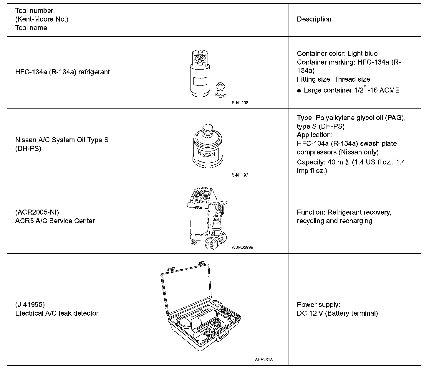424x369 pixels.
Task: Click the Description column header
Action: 314,19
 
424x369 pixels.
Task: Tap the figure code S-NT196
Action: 240,103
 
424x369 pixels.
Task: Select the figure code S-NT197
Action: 240,175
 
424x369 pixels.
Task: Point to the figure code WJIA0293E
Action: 242,247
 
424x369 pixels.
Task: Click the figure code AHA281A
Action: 264,360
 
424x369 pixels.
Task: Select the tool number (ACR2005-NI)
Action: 37,212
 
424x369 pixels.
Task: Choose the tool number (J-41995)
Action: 30,304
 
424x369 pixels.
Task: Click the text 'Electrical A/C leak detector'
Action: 57,313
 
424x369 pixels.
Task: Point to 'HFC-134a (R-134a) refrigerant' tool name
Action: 62,72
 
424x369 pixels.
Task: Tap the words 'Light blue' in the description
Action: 362,53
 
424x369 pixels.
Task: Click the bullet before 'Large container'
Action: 299,91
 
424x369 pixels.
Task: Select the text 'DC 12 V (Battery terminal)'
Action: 337,313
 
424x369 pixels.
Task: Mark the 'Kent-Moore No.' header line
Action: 42,19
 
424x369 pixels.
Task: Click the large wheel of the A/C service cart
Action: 211,244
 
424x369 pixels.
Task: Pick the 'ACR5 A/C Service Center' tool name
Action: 55,221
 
